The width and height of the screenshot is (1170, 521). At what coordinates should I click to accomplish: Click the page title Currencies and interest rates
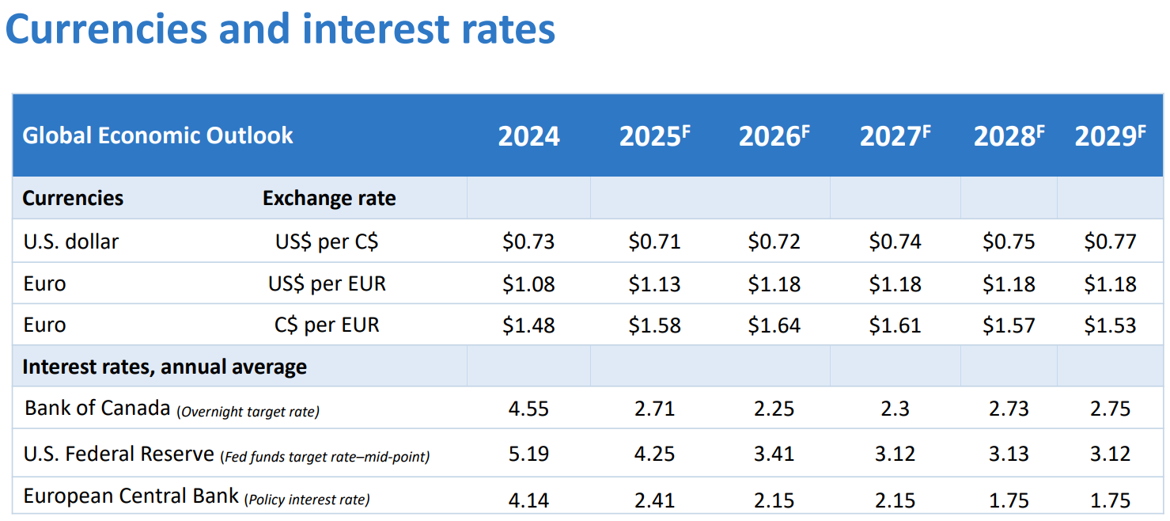(x=280, y=29)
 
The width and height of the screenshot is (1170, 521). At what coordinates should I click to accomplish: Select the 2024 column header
(x=528, y=136)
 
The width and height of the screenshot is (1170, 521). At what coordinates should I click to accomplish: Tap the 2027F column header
(x=895, y=136)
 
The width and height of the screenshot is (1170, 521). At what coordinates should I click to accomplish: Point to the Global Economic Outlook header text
(x=157, y=135)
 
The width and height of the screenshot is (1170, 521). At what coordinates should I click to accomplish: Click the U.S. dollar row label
(x=71, y=241)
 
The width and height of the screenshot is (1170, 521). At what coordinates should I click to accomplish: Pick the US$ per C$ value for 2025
(x=654, y=241)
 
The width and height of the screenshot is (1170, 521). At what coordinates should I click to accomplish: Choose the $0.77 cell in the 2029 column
(x=1110, y=241)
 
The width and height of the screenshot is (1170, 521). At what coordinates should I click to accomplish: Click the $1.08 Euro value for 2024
(x=528, y=283)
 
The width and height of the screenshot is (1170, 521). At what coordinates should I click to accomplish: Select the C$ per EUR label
(x=327, y=325)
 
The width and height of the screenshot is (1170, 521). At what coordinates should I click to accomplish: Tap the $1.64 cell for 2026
(x=774, y=325)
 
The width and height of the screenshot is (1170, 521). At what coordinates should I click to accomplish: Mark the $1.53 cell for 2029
(x=1110, y=325)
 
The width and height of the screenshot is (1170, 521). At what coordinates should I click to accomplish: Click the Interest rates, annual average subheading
(x=165, y=367)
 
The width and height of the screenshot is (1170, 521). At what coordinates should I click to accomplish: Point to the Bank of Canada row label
(x=97, y=409)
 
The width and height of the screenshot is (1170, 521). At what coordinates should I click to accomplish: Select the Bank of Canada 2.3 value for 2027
(x=895, y=409)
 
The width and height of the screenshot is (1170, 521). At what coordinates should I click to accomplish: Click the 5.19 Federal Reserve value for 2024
(x=528, y=454)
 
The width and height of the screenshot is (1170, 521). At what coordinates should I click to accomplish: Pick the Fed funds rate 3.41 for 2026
(x=774, y=454)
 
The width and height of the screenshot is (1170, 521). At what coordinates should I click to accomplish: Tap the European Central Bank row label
(x=131, y=497)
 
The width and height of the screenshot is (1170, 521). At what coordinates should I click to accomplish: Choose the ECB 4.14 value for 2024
(x=528, y=500)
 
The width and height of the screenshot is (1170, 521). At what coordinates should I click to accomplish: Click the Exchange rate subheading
(x=329, y=198)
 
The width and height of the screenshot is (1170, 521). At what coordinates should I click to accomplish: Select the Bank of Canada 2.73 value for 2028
(x=1008, y=409)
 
